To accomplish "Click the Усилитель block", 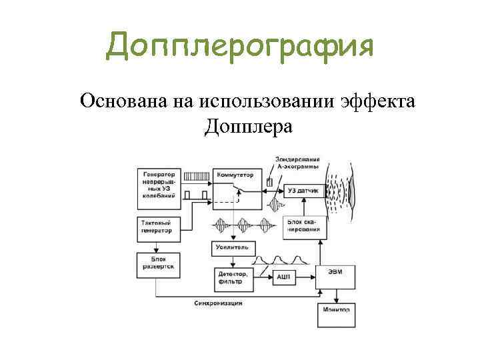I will coord(233,247).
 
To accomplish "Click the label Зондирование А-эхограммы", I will coord(297,163).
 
